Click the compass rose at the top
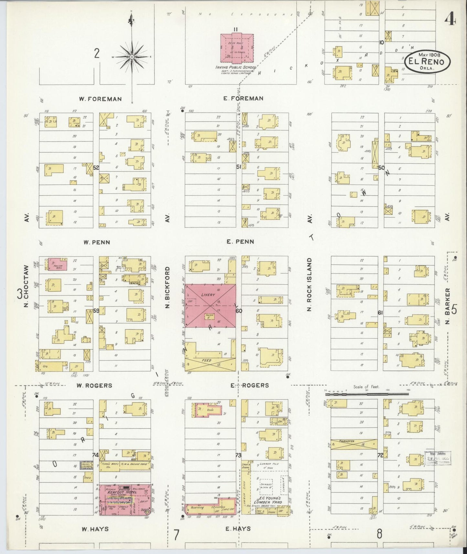(132, 57)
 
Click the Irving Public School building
(237, 48)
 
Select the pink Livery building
(210, 305)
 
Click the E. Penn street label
(240, 242)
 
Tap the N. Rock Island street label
(310, 284)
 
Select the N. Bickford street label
(167, 287)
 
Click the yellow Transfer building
(354, 444)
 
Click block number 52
(96, 168)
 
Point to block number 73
(239, 455)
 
